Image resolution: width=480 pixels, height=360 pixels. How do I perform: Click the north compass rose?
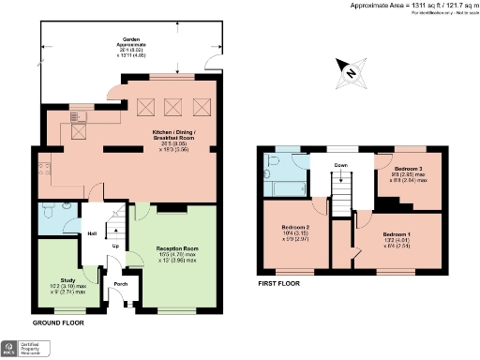[x=348, y=71]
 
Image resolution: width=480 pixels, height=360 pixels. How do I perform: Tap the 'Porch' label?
[x=120, y=283]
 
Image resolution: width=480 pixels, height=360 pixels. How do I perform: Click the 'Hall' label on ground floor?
[x=93, y=233]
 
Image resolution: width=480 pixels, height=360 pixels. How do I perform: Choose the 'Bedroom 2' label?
[x=295, y=228]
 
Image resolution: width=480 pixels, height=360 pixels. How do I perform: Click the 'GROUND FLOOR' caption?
[x=58, y=322]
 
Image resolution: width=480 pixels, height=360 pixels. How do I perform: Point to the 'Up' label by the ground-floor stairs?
[x=115, y=247]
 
